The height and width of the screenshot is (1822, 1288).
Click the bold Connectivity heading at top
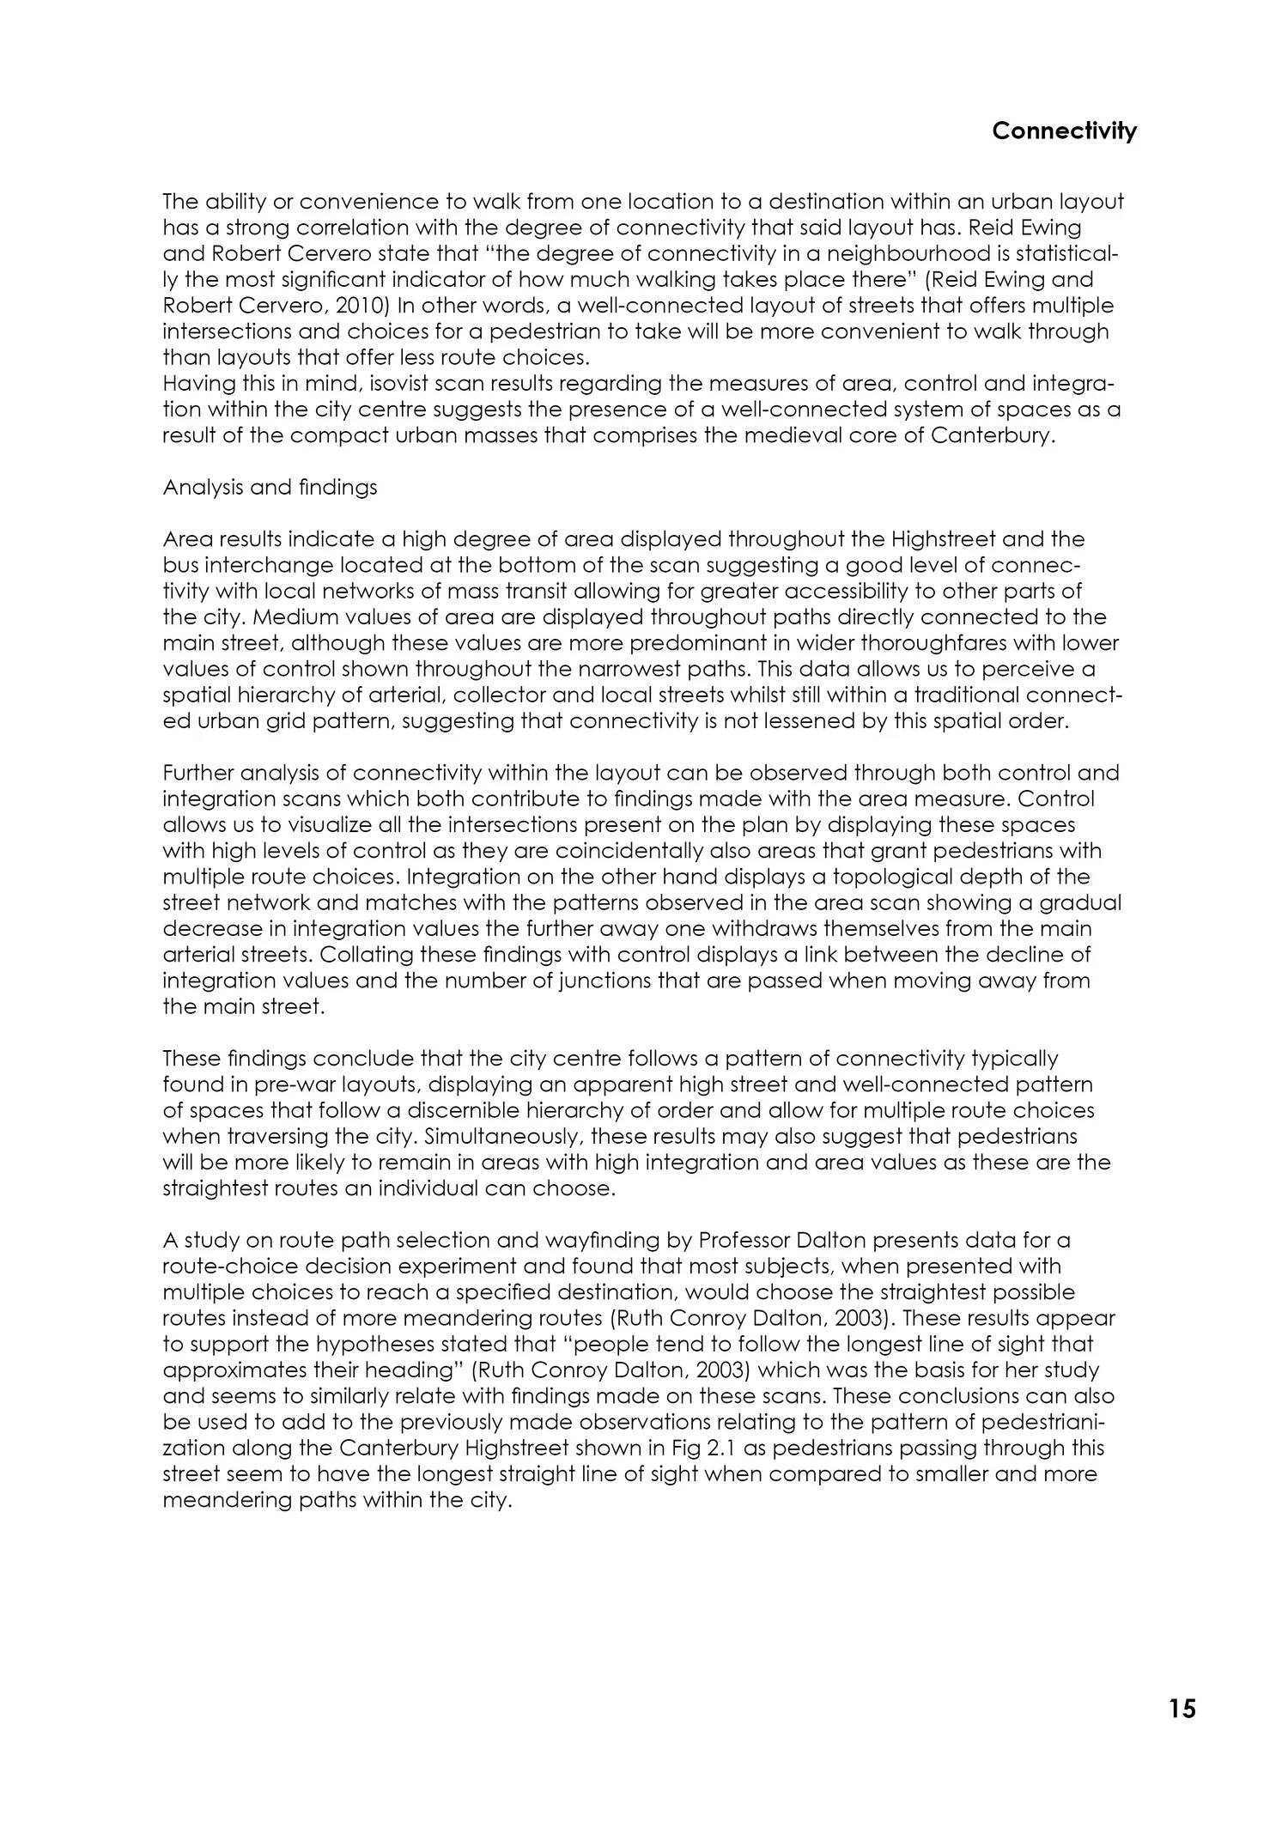[x=1064, y=131]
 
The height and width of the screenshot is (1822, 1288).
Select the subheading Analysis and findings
[x=270, y=488]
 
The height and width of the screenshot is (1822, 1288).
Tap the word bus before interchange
[x=180, y=565]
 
